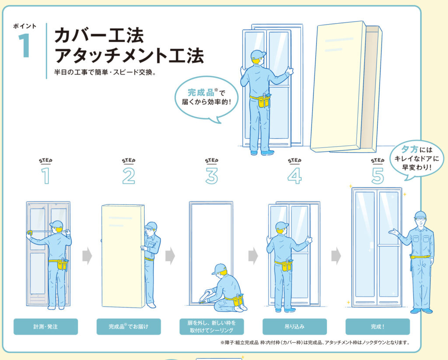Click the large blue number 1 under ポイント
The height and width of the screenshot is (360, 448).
[24, 45]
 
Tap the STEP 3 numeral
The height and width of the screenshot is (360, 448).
[212, 176]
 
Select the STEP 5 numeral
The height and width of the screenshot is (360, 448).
[378, 176]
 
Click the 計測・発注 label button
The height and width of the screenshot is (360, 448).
[45, 327]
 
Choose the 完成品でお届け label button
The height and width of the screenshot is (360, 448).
[129, 327]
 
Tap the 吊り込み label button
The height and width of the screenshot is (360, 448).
[294, 327]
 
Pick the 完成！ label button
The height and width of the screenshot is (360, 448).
[378, 327]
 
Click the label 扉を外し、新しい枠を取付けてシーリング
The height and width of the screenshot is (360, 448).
[212, 327]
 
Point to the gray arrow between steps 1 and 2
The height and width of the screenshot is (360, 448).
[87, 256]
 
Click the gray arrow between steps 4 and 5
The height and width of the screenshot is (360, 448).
[336, 256]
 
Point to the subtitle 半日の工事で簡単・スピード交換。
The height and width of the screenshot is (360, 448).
[105, 72]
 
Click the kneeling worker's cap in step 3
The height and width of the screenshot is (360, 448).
[220, 269]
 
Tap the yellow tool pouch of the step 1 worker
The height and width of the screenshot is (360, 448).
[62, 265]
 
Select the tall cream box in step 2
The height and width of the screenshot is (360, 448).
[123, 256]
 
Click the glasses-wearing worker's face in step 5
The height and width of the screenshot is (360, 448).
[420, 221]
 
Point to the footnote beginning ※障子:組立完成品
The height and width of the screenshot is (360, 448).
[315, 343]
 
